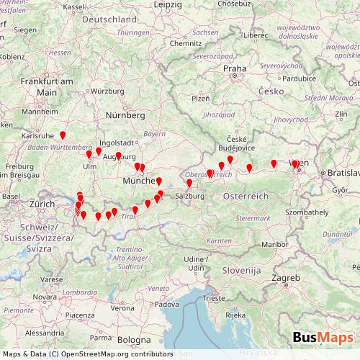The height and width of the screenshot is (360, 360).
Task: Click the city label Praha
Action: pos(235,69)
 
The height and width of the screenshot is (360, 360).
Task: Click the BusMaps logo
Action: pos(323,337)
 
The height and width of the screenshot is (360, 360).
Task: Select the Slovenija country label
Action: pos(241,270)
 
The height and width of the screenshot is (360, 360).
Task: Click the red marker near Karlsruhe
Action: pos(63,135)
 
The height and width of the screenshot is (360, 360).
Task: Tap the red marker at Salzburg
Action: pos(189,184)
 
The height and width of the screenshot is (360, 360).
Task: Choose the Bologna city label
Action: pos(135,338)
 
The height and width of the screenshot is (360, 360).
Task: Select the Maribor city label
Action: pos(274,245)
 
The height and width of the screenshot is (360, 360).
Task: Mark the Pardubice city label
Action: pos(282,78)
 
